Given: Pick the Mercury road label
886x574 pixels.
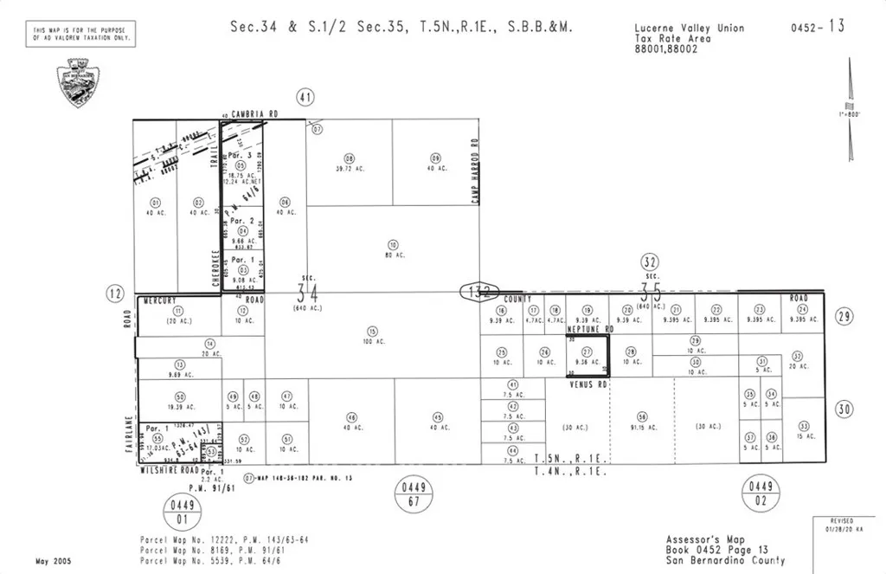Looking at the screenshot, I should pyautogui.click(x=161, y=300).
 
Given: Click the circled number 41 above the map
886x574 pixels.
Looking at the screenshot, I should pyautogui.click(x=304, y=97).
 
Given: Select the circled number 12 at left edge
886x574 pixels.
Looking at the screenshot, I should pyautogui.click(x=115, y=293).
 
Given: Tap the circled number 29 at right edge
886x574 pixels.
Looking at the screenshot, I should pyautogui.click(x=844, y=317).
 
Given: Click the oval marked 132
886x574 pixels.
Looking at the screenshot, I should pyautogui.click(x=478, y=291).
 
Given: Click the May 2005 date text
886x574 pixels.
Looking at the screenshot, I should pyautogui.click(x=54, y=561).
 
